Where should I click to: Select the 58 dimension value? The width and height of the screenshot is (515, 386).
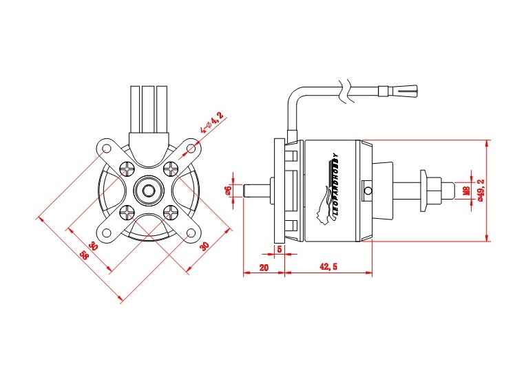(84, 255)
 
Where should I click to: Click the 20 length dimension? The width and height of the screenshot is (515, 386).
(263, 266)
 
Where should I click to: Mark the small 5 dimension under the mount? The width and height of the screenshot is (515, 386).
(280, 248)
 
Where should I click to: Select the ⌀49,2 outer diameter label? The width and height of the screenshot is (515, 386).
(481, 191)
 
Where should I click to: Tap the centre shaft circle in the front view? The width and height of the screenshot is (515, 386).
(147, 191)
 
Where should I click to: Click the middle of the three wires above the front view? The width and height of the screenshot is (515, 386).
(148, 107)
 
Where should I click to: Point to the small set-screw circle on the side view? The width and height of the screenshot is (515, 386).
(368, 191)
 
